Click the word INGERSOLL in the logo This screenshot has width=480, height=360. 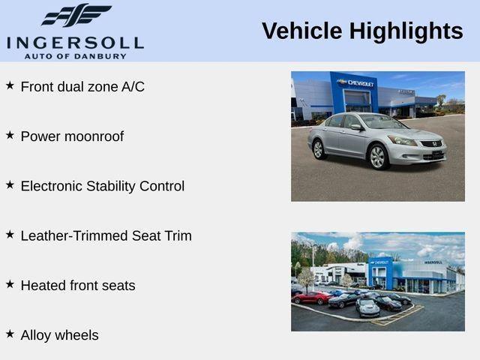pos(75,41)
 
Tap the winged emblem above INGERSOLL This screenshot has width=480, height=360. pos(76,15)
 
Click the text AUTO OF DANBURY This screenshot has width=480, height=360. pos(75,56)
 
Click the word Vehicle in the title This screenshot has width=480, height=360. pos(299,31)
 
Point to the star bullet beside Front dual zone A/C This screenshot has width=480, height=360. pos(10,85)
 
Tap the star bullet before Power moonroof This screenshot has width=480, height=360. pos(10,135)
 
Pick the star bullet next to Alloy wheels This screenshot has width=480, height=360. pos(10,334)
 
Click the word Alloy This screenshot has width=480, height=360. pos(37,335)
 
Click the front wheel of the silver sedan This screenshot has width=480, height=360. pos(377,157)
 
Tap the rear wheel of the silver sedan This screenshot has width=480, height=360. pos(318,148)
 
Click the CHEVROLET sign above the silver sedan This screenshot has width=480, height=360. pos(355,82)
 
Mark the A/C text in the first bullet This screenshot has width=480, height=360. pos(133,86)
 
